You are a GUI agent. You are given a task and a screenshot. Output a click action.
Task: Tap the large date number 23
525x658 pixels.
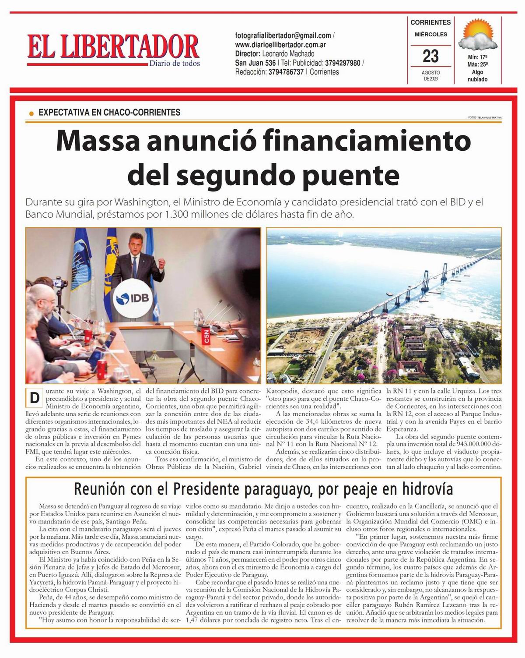pos(430,56)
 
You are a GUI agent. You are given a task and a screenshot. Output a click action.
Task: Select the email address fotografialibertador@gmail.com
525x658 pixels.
pos(283,35)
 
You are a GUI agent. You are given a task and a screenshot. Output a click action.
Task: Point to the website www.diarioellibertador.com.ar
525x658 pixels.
pos(280,45)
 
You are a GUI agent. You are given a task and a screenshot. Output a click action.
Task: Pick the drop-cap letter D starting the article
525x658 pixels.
pos(34,398)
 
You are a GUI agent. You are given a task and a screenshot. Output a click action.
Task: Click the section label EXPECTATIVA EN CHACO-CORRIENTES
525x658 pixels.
pos(109,113)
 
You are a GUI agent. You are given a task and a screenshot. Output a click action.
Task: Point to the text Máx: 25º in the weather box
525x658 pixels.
pos(477,64)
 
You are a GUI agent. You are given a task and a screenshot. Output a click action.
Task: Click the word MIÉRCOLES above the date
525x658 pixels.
pos(430,34)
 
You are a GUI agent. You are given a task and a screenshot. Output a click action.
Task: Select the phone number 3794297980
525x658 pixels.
pos(343,63)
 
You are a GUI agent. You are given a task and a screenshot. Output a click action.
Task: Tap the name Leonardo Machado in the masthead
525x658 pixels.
pos(288,54)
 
